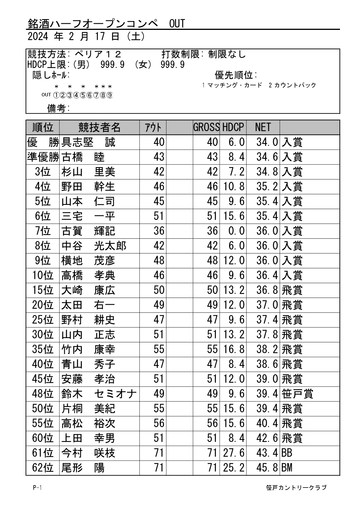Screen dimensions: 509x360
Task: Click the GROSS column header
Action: pos(206,127)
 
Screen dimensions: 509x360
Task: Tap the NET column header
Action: pos(263,127)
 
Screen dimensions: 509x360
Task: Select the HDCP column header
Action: pos(233,127)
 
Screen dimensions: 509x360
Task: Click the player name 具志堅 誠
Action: pos(88,142)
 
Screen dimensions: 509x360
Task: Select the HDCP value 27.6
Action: pos(234,453)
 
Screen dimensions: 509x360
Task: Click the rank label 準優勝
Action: pos(43,157)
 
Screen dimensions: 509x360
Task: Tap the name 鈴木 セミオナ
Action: pos(99,394)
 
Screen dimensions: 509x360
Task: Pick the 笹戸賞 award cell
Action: pos(297,394)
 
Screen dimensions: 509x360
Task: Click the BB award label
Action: pos(287,453)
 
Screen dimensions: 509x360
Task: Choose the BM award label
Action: pos(287,468)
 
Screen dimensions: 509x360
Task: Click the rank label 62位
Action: pos(43,468)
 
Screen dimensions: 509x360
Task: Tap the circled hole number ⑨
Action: pos(109,95)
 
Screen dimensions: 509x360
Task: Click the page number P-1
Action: pos(37,488)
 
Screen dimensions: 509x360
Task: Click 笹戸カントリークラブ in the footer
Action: pos(296,488)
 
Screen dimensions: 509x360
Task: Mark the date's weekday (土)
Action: pos(136,37)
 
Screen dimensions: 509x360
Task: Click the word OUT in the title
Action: pos(177,24)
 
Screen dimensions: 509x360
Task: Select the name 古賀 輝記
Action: pos(88,231)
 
